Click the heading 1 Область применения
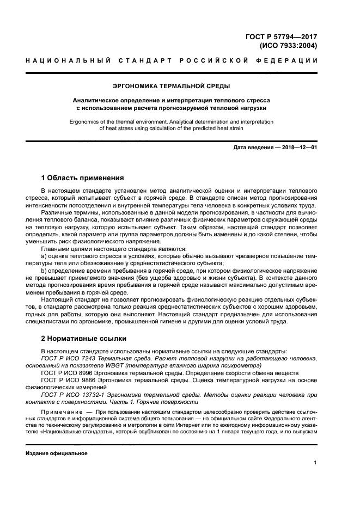[x=83, y=177]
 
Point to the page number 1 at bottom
[x=315, y=463]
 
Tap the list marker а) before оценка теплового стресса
[x=44, y=255]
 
